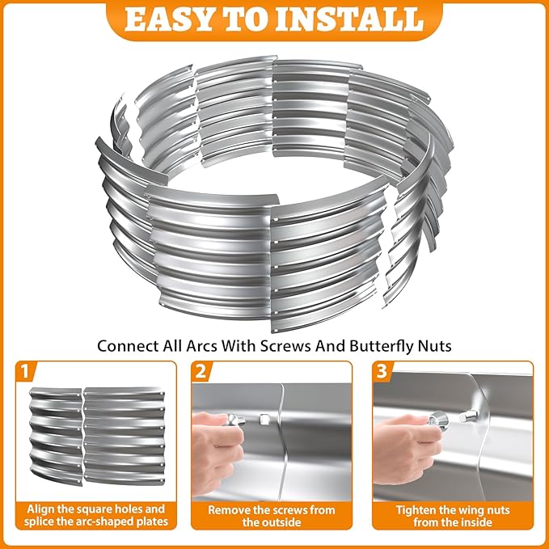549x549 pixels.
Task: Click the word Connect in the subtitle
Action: [125, 345]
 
